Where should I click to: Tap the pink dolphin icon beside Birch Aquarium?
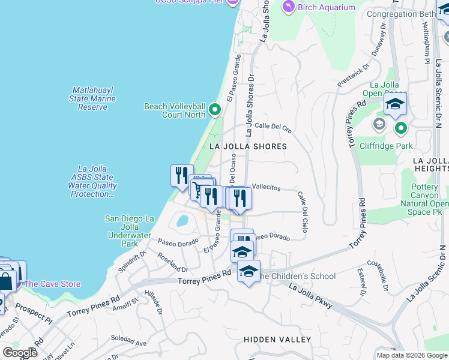coord(289,6)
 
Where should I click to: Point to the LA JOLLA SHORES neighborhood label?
coord(248,146)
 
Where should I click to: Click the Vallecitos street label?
coord(266,188)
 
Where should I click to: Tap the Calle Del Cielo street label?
coord(302,212)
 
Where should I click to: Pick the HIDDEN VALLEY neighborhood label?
coord(277,340)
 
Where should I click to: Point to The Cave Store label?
coord(52,284)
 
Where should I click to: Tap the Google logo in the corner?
coord(19,352)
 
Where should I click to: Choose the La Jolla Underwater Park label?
coord(129,231)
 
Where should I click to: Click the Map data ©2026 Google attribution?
coord(411,355)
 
